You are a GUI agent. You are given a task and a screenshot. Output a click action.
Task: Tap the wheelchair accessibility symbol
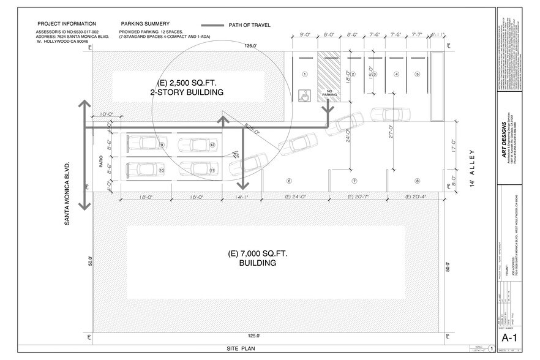[302, 96]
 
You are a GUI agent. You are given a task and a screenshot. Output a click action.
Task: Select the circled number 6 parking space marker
[288, 181]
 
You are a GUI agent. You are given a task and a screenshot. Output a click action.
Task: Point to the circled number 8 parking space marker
[417, 181]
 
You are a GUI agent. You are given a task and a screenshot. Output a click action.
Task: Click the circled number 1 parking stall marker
[304, 74]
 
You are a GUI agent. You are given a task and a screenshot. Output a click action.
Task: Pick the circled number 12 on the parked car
[212, 145]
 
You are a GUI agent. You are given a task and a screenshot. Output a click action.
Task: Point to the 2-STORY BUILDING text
[187, 92]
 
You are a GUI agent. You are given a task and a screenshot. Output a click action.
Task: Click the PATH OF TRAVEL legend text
[249, 25]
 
